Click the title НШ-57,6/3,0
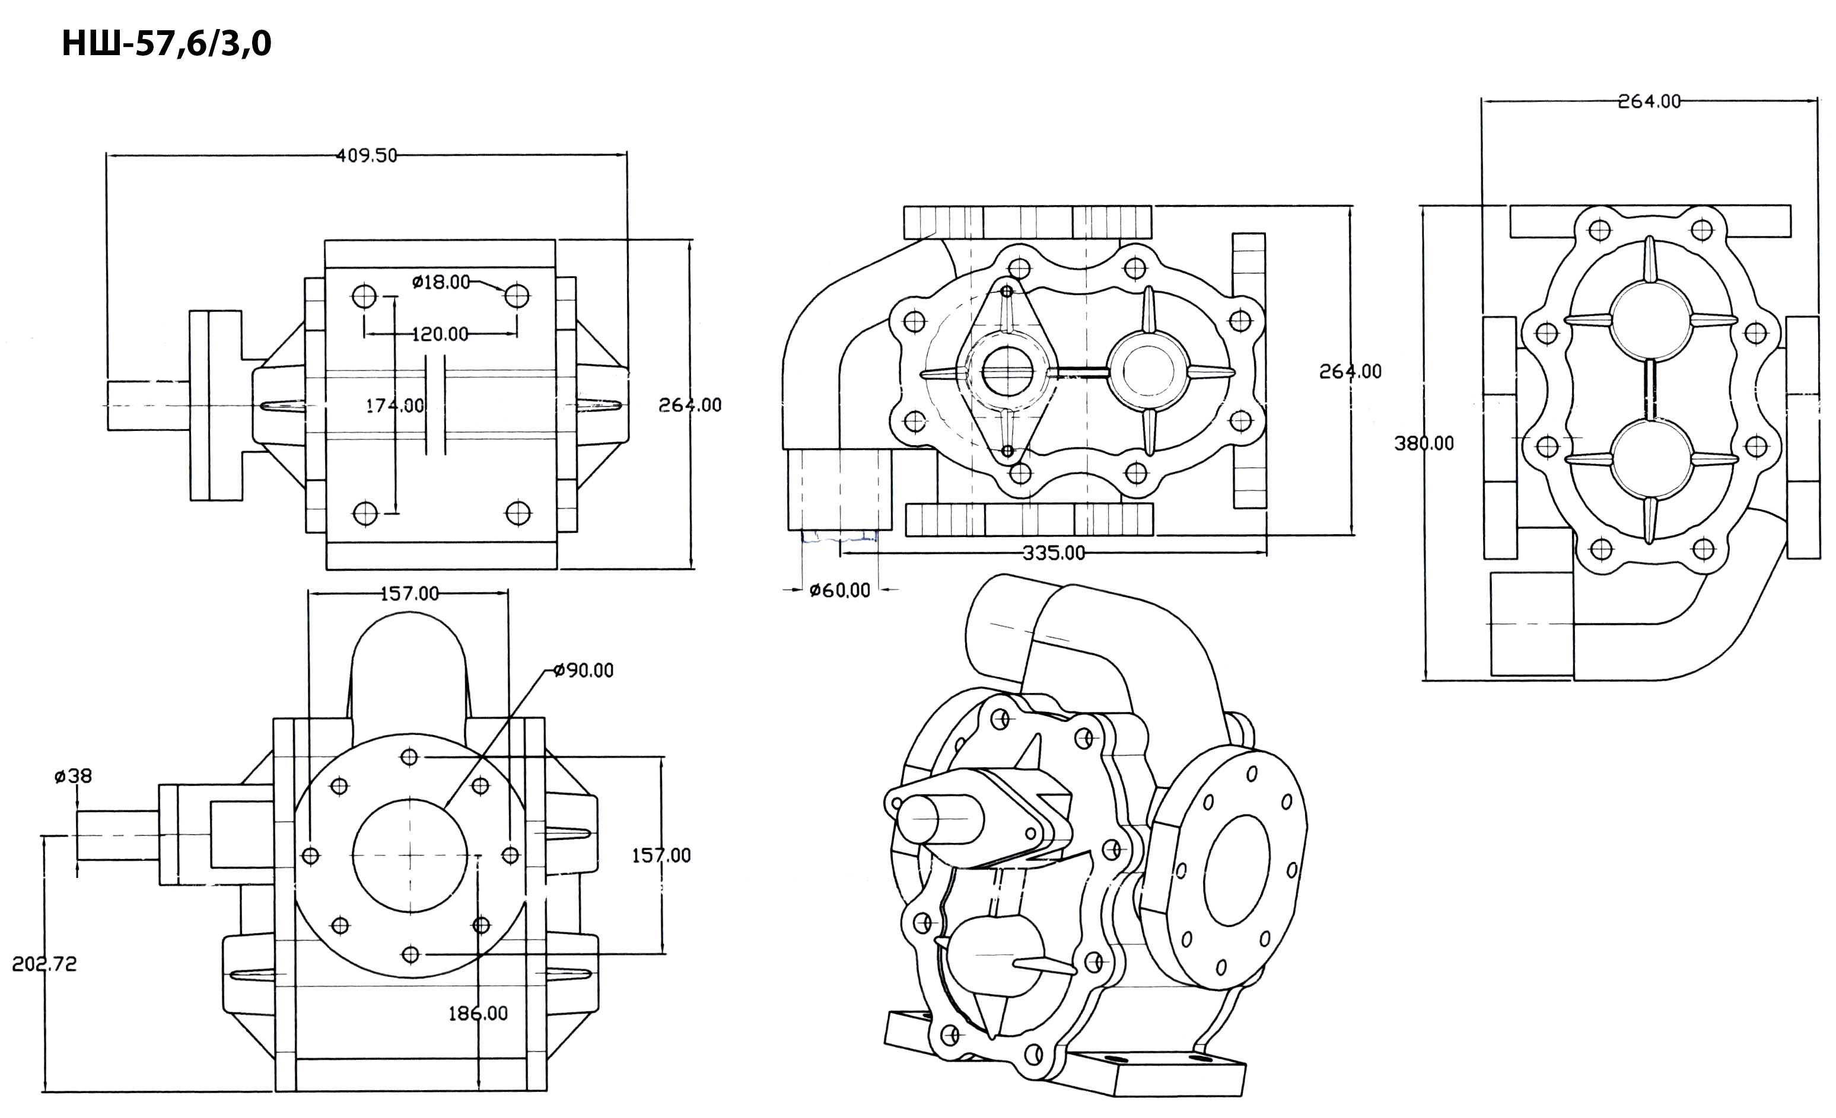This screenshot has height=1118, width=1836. (166, 44)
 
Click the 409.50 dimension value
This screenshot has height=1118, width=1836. (367, 156)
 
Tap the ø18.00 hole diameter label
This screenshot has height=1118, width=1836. (441, 282)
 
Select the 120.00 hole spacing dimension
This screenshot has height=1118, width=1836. (440, 334)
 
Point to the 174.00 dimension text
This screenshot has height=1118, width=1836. (395, 406)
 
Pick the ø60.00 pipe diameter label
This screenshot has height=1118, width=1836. (840, 590)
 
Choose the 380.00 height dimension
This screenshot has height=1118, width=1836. (1424, 444)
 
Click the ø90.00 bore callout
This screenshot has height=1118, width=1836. (584, 671)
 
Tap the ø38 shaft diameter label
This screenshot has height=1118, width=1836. (73, 776)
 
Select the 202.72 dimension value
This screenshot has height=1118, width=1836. (44, 964)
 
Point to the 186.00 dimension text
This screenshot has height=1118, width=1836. (478, 1014)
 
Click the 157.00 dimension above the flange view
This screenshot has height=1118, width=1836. (410, 593)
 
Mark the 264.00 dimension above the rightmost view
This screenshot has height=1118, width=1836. (1650, 101)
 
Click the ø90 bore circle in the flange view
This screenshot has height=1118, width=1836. (410, 798)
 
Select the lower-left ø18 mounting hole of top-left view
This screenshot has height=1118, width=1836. (365, 514)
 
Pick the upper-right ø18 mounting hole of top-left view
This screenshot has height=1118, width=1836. (517, 296)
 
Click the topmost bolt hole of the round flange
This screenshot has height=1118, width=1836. (409, 758)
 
